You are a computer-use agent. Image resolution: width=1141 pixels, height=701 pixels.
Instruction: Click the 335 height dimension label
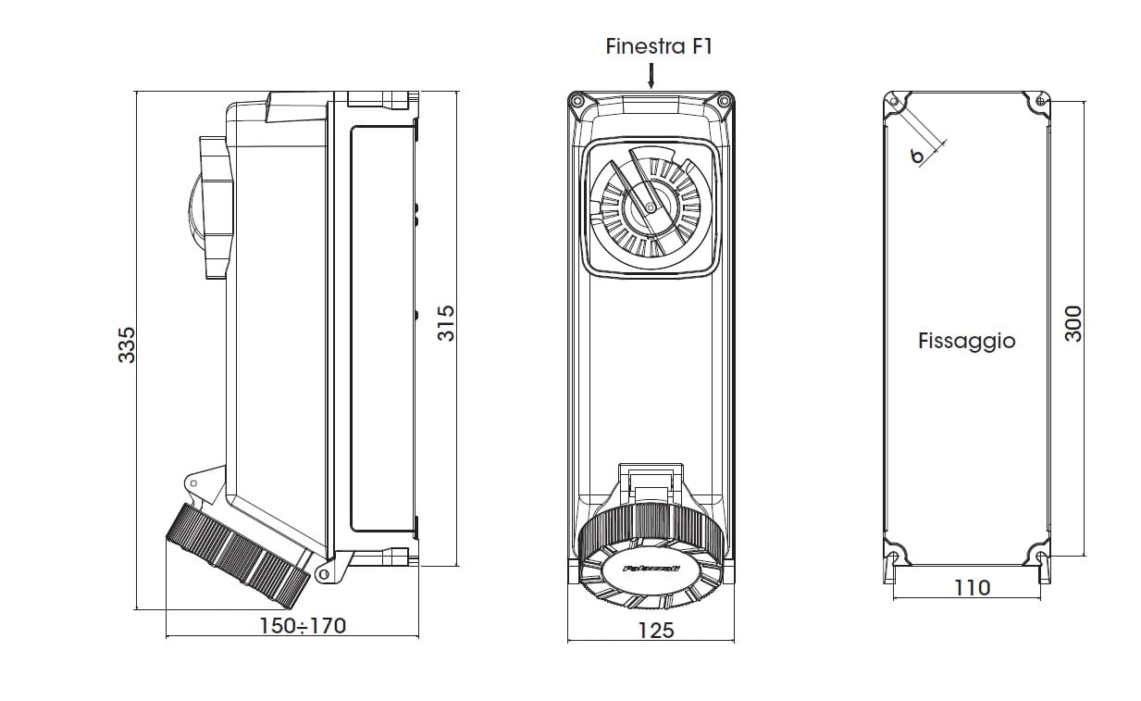click(x=127, y=344)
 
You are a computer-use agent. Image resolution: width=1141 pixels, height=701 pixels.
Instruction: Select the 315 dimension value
click(x=446, y=323)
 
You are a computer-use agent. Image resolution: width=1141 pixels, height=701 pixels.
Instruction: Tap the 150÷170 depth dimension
click(x=302, y=626)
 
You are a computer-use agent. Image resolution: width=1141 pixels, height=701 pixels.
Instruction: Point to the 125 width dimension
click(x=656, y=630)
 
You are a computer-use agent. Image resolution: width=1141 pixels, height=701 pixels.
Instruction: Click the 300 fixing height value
click(x=1073, y=324)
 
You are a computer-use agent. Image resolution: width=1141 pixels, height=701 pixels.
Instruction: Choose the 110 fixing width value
click(x=971, y=587)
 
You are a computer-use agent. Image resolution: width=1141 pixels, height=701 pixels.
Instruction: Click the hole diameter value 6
click(x=916, y=156)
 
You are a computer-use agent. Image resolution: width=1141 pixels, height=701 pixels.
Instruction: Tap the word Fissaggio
click(x=966, y=341)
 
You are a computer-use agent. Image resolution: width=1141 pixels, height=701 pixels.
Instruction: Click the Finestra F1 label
click(x=659, y=46)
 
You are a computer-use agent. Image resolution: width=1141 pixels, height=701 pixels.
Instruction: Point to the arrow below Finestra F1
click(x=651, y=75)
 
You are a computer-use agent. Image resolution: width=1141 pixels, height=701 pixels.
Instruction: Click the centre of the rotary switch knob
click(x=651, y=208)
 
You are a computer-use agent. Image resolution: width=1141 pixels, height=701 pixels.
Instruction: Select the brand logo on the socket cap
click(x=651, y=570)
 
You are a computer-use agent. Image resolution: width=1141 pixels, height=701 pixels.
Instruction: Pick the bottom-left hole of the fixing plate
click(x=895, y=557)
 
